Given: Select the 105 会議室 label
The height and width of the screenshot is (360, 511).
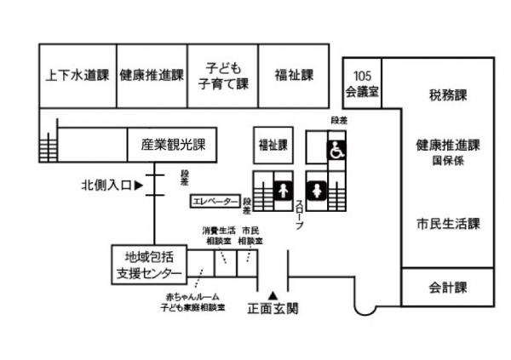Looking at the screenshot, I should tap(362, 82).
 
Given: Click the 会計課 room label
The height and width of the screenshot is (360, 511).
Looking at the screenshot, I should tap(448, 287).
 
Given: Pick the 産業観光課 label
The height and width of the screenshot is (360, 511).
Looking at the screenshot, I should tap(169, 145).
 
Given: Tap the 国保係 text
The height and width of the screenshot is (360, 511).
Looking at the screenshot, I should tap(448, 159).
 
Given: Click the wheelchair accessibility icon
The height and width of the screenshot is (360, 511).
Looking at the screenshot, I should tap(337, 150).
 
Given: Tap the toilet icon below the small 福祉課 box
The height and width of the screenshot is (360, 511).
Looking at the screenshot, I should tap(282, 187).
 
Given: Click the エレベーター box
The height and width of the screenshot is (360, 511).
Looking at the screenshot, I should tap(215, 202).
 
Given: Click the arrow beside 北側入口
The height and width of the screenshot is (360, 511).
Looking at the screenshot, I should tap(138, 184).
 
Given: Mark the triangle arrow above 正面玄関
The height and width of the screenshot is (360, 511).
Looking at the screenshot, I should tap(274, 294).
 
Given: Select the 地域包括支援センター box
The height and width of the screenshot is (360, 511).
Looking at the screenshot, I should tap(148, 265).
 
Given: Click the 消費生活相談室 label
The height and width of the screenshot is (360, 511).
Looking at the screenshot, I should tap(219, 236).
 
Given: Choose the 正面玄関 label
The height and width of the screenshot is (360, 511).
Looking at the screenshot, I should tap(273, 309).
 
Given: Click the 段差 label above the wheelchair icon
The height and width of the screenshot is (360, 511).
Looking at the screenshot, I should tap(338, 121).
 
